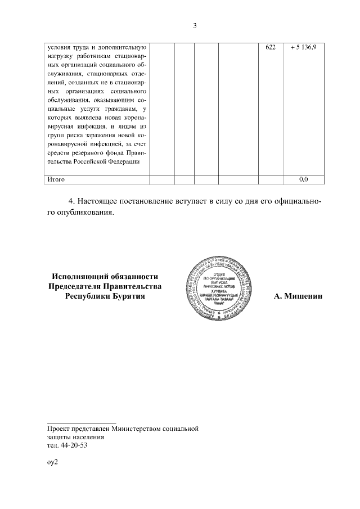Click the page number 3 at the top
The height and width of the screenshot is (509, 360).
tap(195, 25)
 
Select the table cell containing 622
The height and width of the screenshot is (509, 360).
tap(270, 48)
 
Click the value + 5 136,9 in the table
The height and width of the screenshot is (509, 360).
tap(304, 48)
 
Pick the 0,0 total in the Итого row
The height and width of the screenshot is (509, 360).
tap(304, 179)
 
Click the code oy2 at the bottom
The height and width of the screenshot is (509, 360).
tap(52, 462)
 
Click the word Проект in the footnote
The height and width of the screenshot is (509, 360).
tap(59, 429)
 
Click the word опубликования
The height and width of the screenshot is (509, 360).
tap(85, 213)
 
